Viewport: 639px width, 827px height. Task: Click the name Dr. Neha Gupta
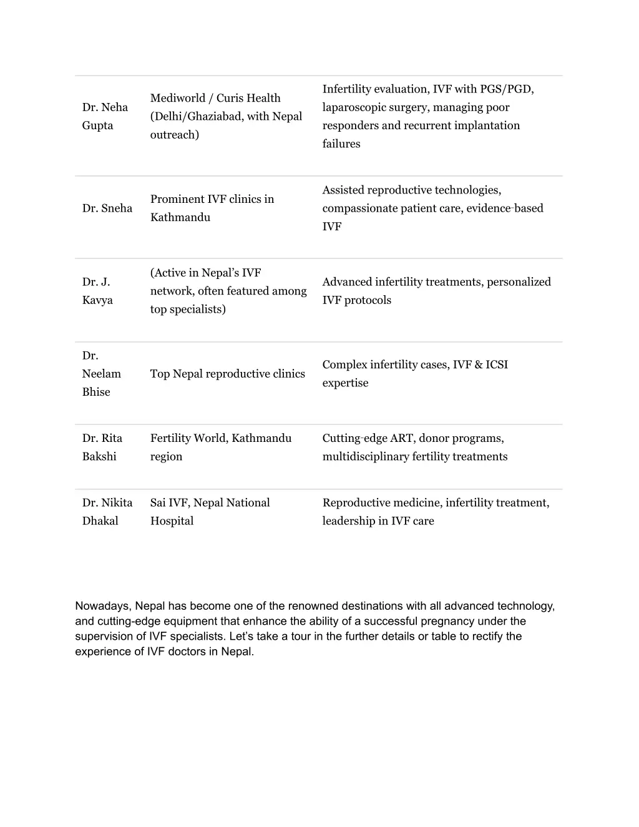point(105,116)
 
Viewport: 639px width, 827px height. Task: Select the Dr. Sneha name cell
point(107,208)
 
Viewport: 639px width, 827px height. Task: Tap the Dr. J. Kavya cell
point(97,291)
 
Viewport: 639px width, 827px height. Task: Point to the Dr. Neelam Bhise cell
point(101,374)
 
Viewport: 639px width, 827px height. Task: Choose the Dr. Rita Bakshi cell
point(102,448)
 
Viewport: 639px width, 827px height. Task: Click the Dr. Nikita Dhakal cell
point(107,512)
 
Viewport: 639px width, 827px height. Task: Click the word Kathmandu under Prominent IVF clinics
point(180,218)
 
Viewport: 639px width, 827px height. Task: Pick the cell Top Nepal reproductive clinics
point(228,374)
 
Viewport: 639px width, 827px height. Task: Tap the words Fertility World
point(188,438)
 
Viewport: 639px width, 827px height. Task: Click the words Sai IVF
point(170,503)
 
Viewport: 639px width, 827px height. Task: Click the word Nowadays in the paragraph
point(102,606)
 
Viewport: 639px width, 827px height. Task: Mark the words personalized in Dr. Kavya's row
point(519,282)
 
